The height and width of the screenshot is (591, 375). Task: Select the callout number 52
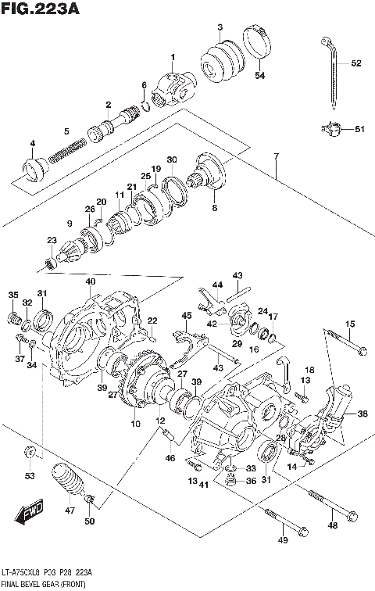[356, 63]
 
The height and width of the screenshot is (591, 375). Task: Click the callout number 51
[359, 130]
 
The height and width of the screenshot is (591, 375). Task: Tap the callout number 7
[276, 156]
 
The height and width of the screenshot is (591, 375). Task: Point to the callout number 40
[91, 281]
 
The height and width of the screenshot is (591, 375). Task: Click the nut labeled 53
[29, 453]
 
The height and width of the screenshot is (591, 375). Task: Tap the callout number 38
[361, 414]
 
